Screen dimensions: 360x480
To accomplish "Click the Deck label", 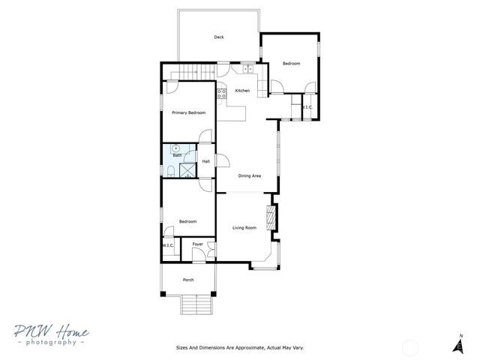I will [x=219, y=37].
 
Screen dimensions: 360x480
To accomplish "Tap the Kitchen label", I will [x=242, y=91].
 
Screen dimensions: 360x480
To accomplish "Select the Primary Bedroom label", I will [x=188, y=112].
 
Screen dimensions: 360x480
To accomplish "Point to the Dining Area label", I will [x=249, y=175].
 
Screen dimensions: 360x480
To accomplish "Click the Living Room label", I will [x=244, y=227].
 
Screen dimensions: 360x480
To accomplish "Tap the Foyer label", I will [x=198, y=244].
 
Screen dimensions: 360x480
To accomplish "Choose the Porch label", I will [x=188, y=280].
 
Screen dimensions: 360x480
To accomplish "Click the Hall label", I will [x=205, y=160].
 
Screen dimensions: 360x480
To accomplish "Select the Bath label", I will [x=177, y=155].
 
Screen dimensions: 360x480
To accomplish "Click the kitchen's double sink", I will [x=247, y=70].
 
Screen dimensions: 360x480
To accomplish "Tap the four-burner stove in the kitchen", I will [x=222, y=94].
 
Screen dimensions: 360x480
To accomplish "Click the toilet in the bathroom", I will [x=170, y=172].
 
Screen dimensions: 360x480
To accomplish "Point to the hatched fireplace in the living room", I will [x=274, y=217].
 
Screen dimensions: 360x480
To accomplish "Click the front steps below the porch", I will [x=196, y=306].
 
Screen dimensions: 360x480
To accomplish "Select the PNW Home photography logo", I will [x=50, y=335].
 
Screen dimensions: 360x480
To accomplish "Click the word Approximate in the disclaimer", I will [x=240, y=348].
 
